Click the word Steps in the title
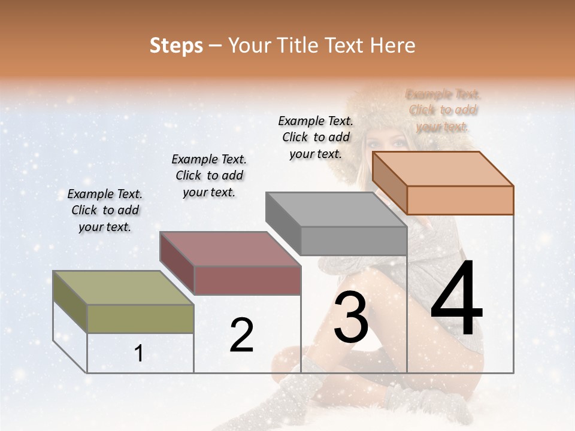coord(176,45)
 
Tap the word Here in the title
coord(393,45)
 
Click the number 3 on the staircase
coord(351,318)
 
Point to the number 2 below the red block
coord(241,335)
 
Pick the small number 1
coord(139,354)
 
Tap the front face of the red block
coord(247,280)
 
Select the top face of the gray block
coord(335,210)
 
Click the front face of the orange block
coord(460,200)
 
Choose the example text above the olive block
coord(105,210)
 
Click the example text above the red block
coord(209,175)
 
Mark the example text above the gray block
coord(316,137)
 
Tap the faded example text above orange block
coord(443,110)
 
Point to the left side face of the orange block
coord(389,183)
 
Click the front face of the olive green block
coord(141,318)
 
